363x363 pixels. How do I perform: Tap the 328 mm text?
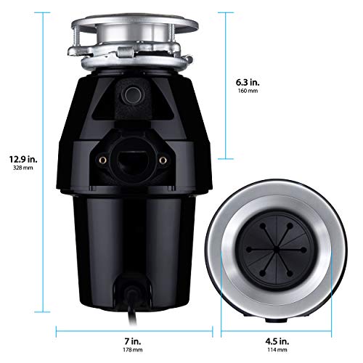(x=24, y=167)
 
